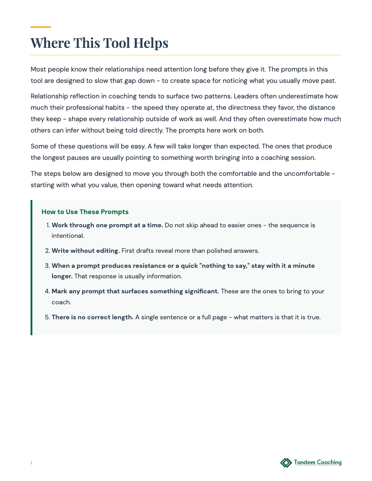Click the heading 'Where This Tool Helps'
coord(99,43)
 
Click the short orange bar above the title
coord(41,27)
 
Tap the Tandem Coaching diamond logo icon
coord(286,463)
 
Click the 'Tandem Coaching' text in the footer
coord(318,462)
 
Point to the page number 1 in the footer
coord(31,463)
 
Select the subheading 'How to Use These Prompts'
coord(85,212)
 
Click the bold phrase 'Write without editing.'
coord(86,251)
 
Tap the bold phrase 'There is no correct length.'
coord(93,317)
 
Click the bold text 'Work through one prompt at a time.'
coord(107,225)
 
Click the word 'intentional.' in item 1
coord(67,236)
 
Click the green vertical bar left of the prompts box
coord(31,267)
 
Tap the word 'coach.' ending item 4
coord(61,302)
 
